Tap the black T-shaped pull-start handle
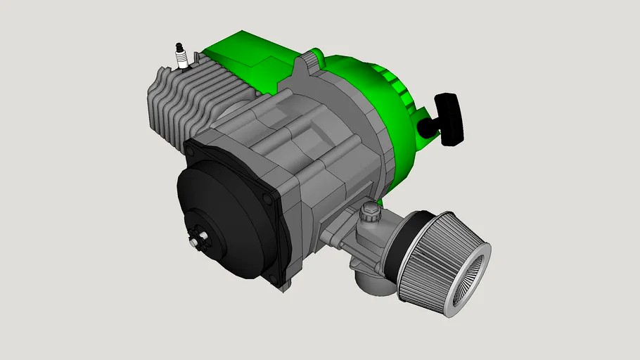coord(450,118)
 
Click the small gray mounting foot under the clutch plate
coord(284,284)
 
